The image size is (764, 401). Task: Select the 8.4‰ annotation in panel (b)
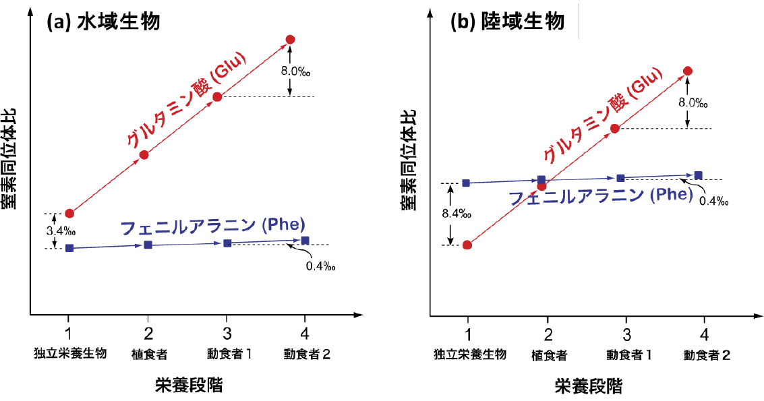tap(456, 214)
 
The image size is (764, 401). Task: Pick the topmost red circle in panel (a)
tap(291, 39)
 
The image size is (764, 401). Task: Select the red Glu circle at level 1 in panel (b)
tap(467, 245)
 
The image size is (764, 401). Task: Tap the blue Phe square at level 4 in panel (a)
tap(305, 241)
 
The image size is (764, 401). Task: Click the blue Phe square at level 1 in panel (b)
tap(465, 183)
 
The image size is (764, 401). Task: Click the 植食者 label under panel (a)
tap(148, 354)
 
